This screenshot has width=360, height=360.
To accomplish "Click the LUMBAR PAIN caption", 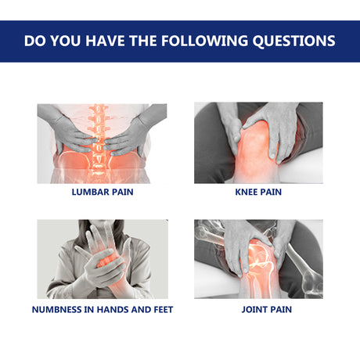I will (x=102, y=193).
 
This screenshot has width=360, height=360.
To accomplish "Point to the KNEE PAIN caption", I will (x=258, y=193).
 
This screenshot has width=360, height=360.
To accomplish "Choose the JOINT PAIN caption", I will (x=258, y=309).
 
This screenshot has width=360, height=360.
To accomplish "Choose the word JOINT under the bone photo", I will (x=247, y=309).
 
